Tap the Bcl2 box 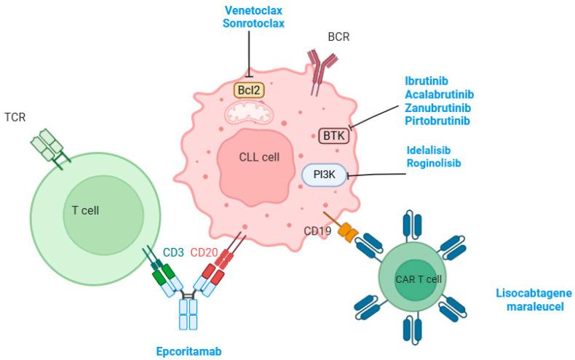pyautogui.click(x=249, y=90)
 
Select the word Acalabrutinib pyautogui.click(x=439, y=94)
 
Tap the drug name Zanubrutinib pyautogui.click(x=437, y=107)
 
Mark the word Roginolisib pyautogui.click(x=435, y=164)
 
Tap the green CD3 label pyautogui.click(x=173, y=252)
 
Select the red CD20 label pyautogui.click(x=205, y=252)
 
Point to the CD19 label pyautogui.click(x=319, y=231)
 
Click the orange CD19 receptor pyautogui.click(x=350, y=232)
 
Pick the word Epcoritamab pyautogui.click(x=188, y=351)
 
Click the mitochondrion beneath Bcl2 pyautogui.click(x=250, y=112)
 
